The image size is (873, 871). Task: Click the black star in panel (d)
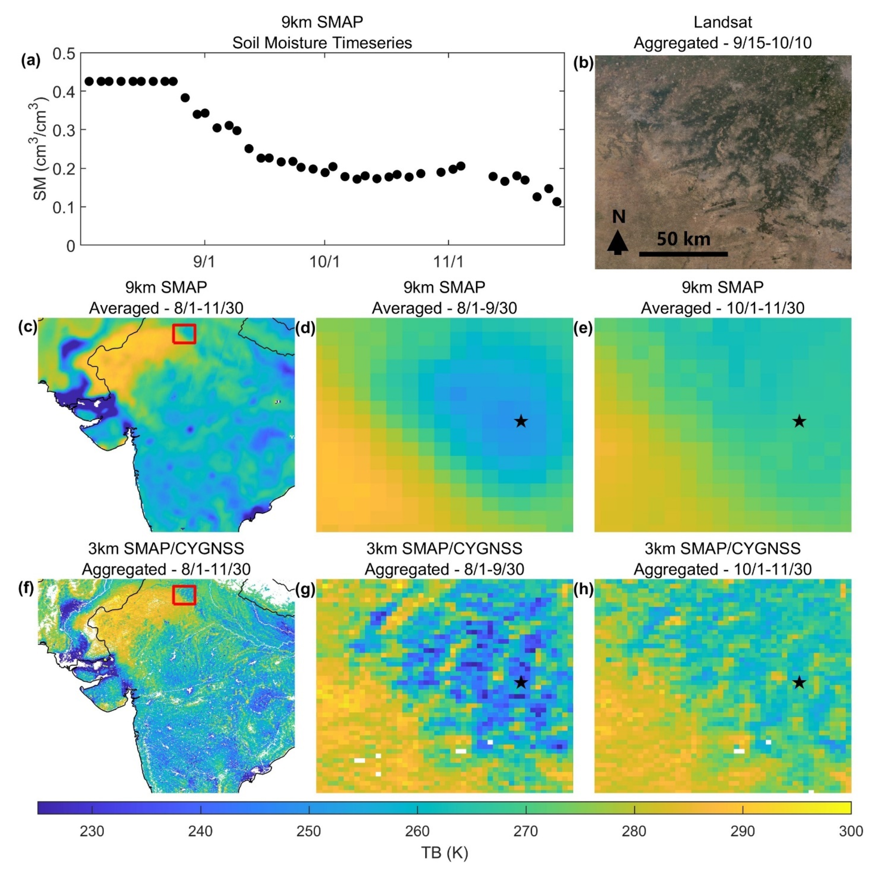click(x=521, y=421)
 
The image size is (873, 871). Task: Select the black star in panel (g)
click(x=521, y=682)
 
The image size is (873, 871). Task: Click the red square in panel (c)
click(x=184, y=334)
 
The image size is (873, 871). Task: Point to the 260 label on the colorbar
click(x=417, y=831)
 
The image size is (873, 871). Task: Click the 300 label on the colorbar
click(x=851, y=831)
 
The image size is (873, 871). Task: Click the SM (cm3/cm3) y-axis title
click(x=40, y=149)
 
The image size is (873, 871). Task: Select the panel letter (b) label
click(x=583, y=63)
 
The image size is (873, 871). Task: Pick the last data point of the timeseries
click(x=557, y=202)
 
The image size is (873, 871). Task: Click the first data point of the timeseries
click(x=89, y=81)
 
